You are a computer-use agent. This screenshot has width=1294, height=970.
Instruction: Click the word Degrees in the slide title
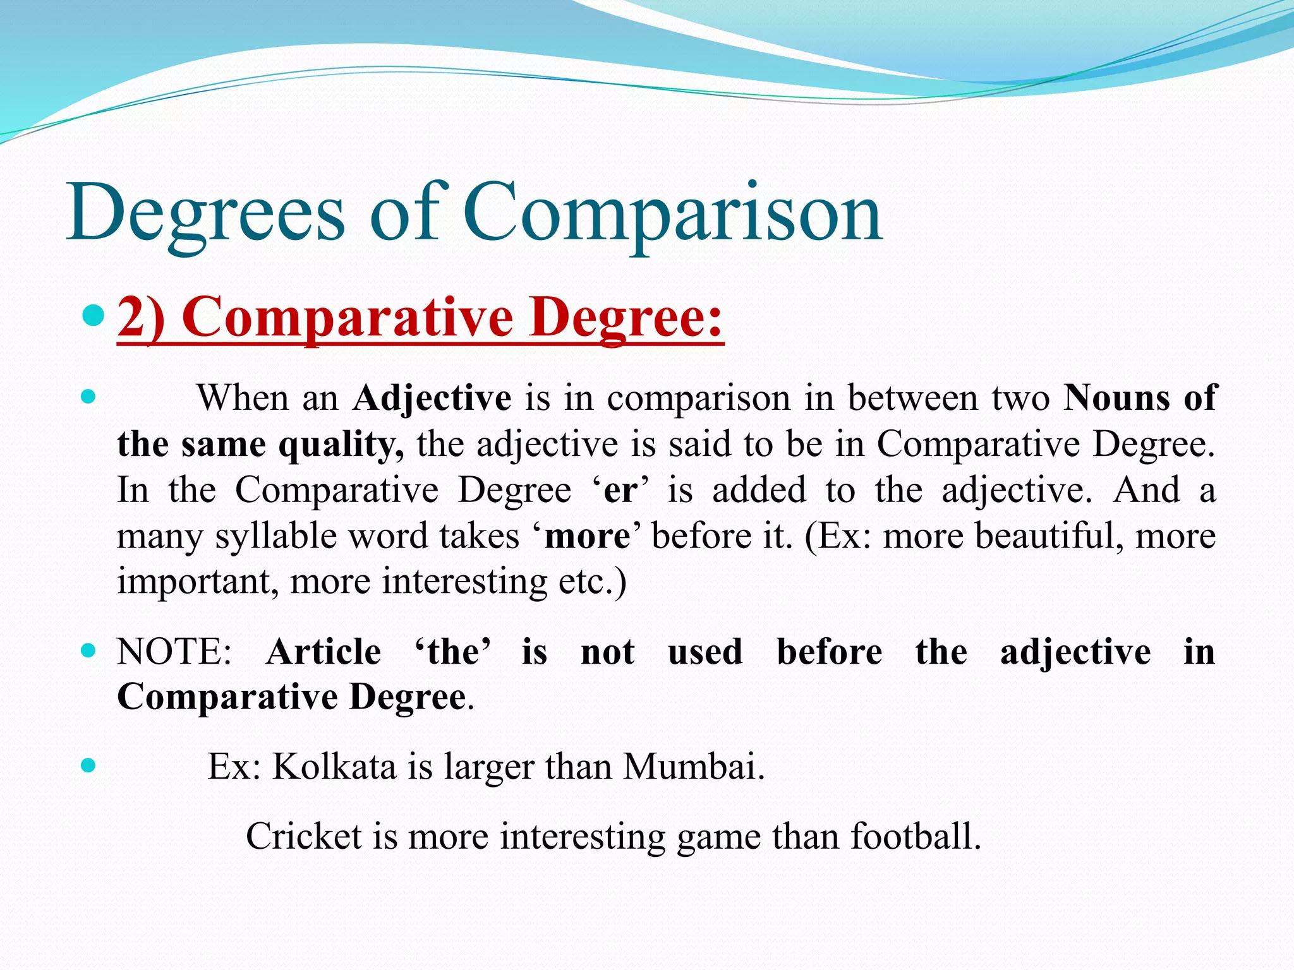pyautogui.click(x=205, y=213)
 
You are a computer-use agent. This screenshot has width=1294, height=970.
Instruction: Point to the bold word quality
pyautogui.click(x=341, y=445)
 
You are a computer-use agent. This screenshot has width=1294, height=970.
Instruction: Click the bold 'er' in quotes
pyautogui.click(x=620, y=491)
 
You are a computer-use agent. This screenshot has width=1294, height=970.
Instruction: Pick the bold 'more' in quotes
pyautogui.click(x=587, y=537)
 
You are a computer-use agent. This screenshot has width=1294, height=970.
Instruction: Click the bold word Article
pyautogui.click(x=323, y=652)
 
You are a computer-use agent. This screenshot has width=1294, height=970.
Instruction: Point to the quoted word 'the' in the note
pyautogui.click(x=452, y=652)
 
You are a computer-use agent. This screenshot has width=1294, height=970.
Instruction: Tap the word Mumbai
pyautogui.click(x=693, y=767)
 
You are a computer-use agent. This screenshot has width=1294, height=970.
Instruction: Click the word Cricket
pyautogui.click(x=304, y=837)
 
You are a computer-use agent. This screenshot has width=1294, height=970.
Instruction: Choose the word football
pyautogui.click(x=915, y=837)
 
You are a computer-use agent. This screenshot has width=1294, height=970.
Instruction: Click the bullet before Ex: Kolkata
pyautogui.click(x=88, y=766)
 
